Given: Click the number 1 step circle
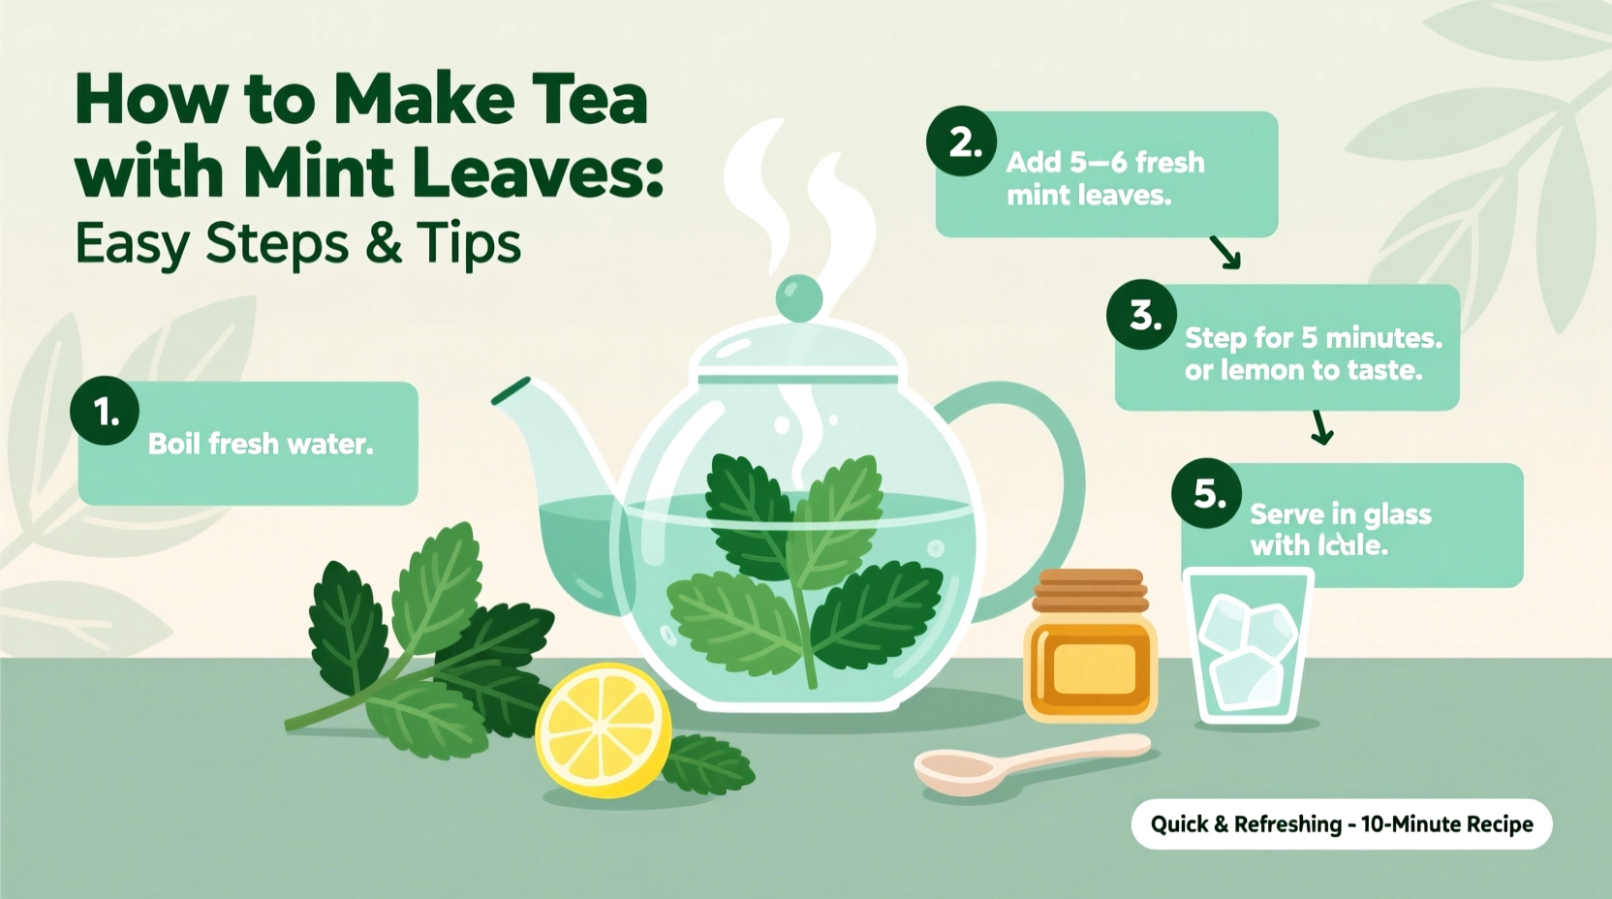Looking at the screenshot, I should pyautogui.click(x=105, y=411).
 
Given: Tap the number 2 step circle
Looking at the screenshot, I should pyautogui.click(x=961, y=141).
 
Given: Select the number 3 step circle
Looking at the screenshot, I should pyautogui.click(x=1142, y=315).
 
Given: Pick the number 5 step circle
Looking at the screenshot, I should pyautogui.click(x=1207, y=493).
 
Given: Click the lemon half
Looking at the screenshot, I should pyautogui.click(x=603, y=728).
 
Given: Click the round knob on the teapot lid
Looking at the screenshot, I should pyautogui.click(x=799, y=297).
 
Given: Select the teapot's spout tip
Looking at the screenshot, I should pyautogui.click(x=511, y=390).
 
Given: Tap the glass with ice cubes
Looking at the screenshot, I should pyautogui.click(x=1248, y=646).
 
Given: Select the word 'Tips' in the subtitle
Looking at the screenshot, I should pyautogui.click(x=470, y=243).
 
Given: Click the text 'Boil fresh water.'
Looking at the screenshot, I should pyautogui.click(x=260, y=444).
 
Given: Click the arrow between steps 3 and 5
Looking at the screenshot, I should pyautogui.click(x=1321, y=427).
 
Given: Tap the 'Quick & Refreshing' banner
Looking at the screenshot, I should pyautogui.click(x=1341, y=824).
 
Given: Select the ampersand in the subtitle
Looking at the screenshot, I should pyautogui.click(x=384, y=243).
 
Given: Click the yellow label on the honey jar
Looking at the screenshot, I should pyautogui.click(x=1092, y=668).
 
